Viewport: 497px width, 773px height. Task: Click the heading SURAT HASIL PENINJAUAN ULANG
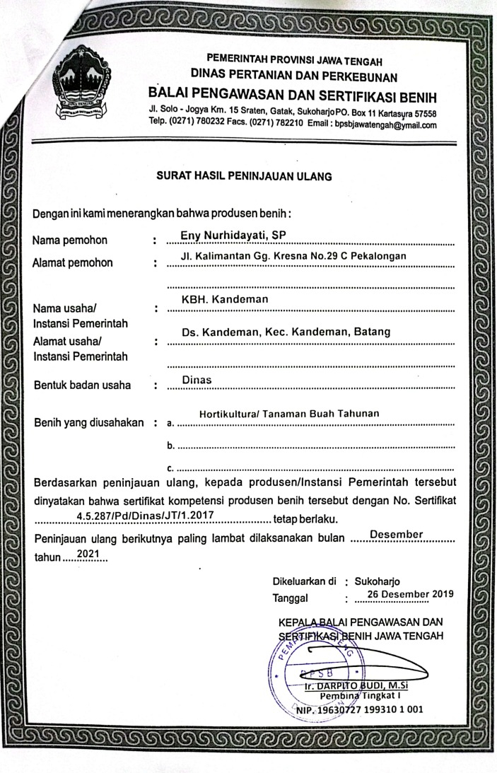tap(244, 174)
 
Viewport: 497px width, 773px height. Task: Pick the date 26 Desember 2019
tap(405, 593)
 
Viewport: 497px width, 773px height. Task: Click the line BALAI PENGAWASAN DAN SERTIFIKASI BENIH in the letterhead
tap(292, 96)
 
